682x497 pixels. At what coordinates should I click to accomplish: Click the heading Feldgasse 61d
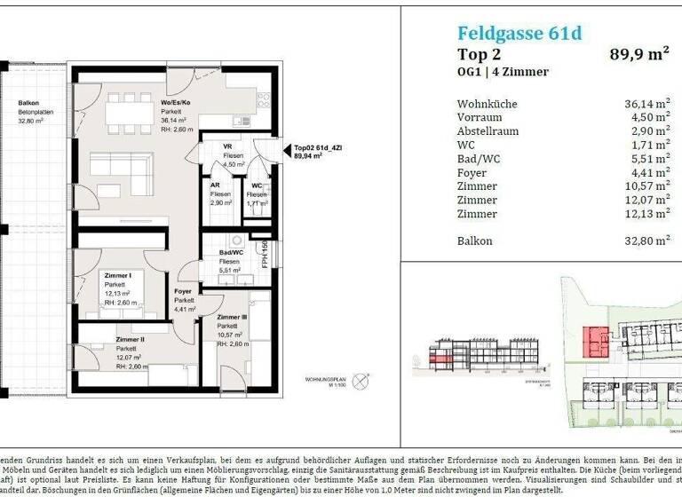pyautogui.click(x=519, y=33)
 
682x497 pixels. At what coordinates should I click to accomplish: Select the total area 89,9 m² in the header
pyautogui.click(x=638, y=54)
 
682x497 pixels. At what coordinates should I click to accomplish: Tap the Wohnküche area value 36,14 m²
pyautogui.click(x=646, y=104)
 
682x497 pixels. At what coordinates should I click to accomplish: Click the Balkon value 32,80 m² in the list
pyautogui.click(x=646, y=241)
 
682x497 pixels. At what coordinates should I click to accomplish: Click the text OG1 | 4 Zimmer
pyautogui.click(x=503, y=72)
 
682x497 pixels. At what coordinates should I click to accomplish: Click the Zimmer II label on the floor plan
pyautogui.click(x=131, y=339)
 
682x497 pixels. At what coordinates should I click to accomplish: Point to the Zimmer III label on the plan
pyautogui.click(x=232, y=317)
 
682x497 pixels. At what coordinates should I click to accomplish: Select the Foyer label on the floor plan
pyautogui.click(x=184, y=291)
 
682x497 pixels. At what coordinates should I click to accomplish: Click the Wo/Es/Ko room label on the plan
pyautogui.click(x=174, y=103)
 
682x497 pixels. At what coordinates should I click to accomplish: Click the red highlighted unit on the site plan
pyautogui.click(x=594, y=337)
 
